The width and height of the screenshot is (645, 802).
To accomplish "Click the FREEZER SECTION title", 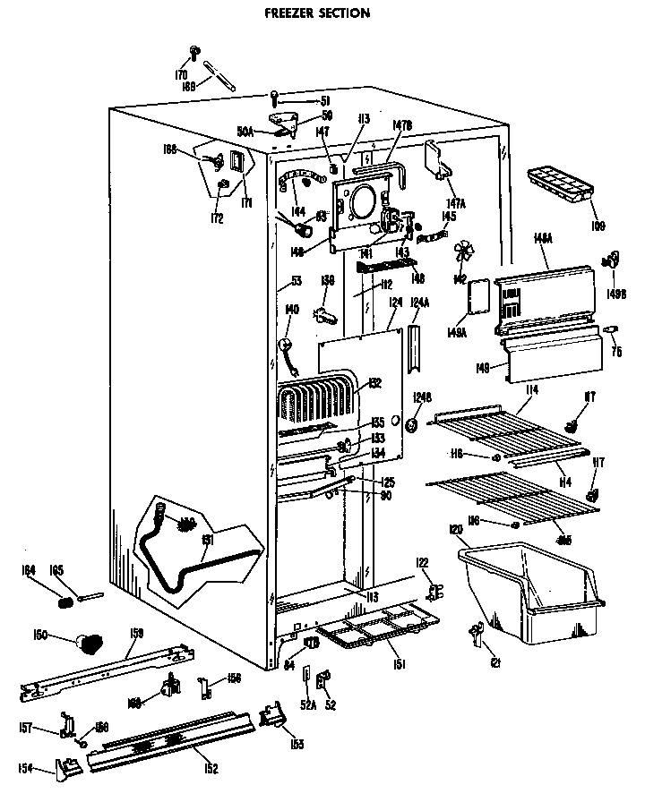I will [x=318, y=13].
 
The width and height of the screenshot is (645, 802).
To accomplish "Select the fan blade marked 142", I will [x=463, y=253].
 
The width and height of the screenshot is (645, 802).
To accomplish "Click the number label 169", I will [x=189, y=87].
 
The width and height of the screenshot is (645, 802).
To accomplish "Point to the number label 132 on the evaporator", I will [x=374, y=383].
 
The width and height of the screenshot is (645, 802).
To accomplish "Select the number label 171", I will [x=246, y=202].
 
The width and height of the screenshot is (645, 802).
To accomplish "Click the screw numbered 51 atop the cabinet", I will [x=275, y=98].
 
